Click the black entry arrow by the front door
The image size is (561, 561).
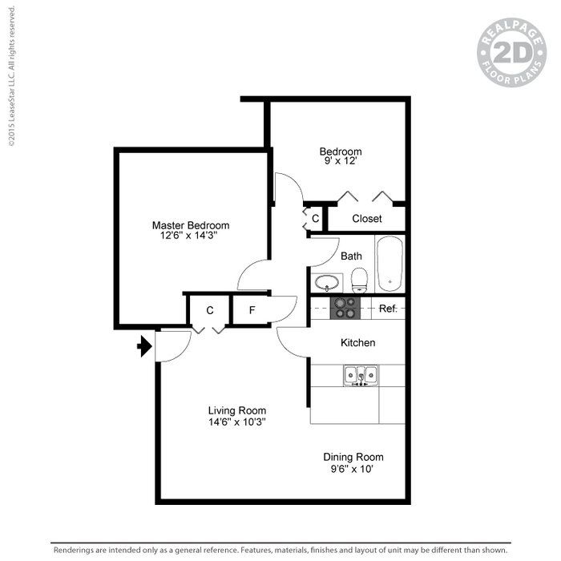(144, 346)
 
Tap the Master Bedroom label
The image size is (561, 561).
(191, 225)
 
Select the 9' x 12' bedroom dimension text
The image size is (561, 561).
(340, 162)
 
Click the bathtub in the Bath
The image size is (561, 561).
(390, 263)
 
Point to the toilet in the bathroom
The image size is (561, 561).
(358, 280)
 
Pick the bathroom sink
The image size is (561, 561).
(326, 282)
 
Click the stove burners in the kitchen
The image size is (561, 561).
(346, 308)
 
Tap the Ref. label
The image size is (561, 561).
(388, 309)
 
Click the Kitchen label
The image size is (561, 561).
(358, 342)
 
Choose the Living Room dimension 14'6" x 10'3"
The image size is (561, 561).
(237, 421)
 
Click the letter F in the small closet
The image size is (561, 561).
(251, 310)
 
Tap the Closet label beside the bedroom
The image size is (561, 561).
(367, 218)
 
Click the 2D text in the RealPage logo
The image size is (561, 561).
(511, 54)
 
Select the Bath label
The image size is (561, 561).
(351, 256)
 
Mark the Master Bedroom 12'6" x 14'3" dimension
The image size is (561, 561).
(191, 236)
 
